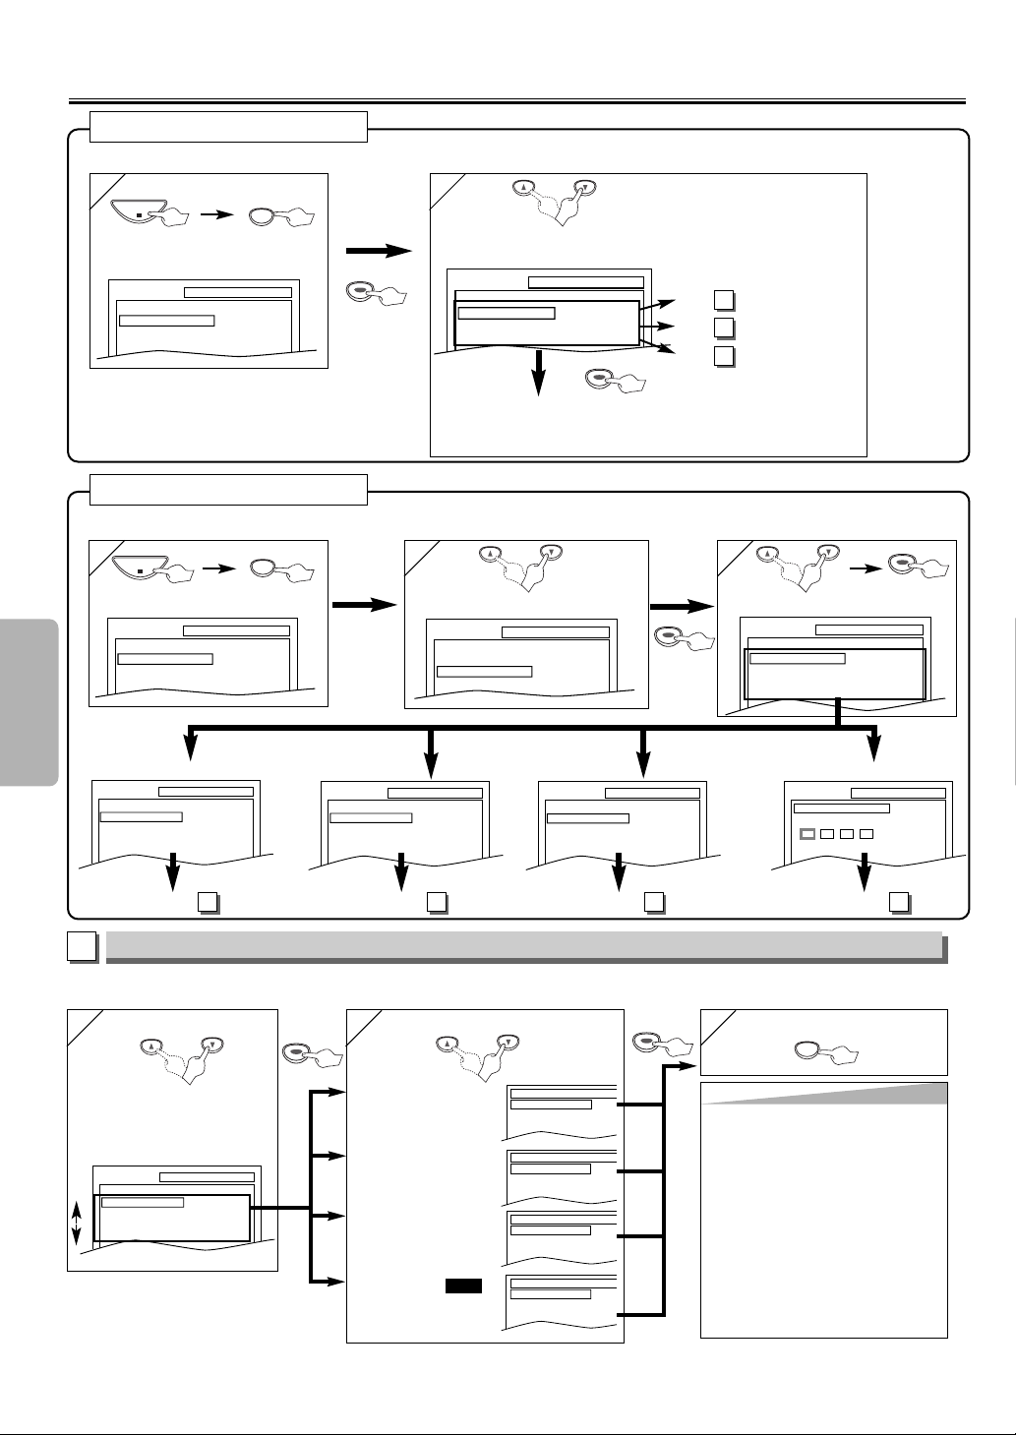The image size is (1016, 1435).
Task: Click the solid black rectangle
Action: pyautogui.click(x=462, y=1286)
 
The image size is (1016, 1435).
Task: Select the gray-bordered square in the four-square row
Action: pyautogui.click(x=807, y=834)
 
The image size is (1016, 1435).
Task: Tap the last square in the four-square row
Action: pyautogui.click(x=867, y=834)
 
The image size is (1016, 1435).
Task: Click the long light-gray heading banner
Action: pyautogui.click(x=525, y=945)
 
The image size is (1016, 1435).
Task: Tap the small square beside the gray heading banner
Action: pyautogui.click(x=82, y=946)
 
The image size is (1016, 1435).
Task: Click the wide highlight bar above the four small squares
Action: pyautogui.click(x=842, y=808)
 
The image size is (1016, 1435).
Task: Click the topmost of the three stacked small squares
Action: pyautogui.click(x=723, y=301)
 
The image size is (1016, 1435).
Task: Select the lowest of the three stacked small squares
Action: pyautogui.click(x=723, y=356)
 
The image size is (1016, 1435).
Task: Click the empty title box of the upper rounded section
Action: pyautogui.click(x=228, y=127)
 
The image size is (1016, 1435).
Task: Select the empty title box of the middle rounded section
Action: pyautogui.click(x=228, y=489)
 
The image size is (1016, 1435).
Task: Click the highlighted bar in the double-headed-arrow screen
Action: pyautogui.click(x=143, y=1202)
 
